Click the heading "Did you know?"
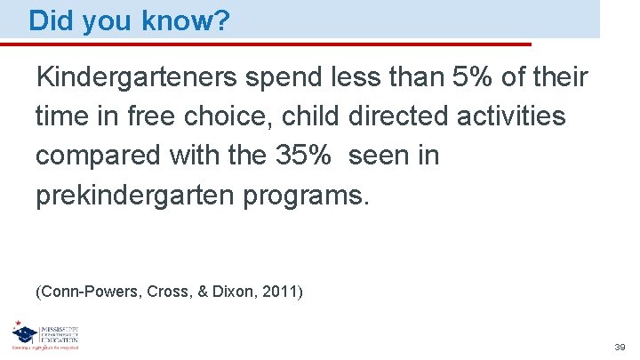tap(130, 21)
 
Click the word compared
tap(91, 156)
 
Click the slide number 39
tap(620, 346)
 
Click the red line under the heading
tap(276, 44)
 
